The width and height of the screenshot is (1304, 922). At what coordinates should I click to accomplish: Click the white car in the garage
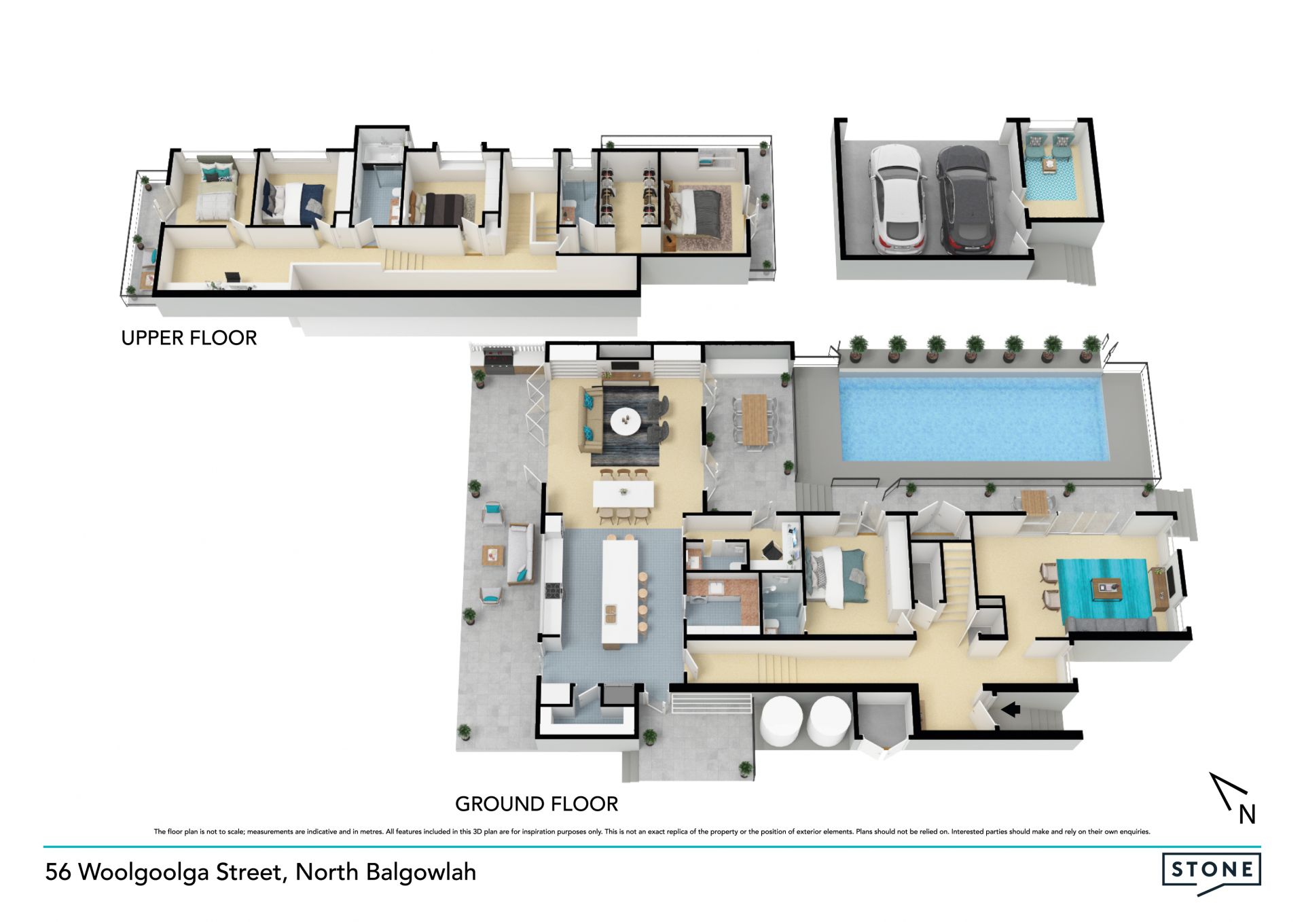(x=896, y=200)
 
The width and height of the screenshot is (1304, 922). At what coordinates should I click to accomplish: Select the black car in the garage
(x=964, y=200)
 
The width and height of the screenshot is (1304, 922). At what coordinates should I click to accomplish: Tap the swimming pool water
(x=973, y=418)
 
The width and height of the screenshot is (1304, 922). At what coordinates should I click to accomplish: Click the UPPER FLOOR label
(x=189, y=338)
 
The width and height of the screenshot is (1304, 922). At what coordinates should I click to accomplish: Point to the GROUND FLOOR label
(x=537, y=804)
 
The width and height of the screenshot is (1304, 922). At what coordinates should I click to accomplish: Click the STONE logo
(x=1212, y=870)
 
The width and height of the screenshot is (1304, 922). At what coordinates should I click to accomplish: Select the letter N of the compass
(x=1247, y=815)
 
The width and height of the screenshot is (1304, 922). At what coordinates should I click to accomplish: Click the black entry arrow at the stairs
(x=1011, y=709)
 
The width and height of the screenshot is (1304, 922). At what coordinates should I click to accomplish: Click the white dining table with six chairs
(x=624, y=494)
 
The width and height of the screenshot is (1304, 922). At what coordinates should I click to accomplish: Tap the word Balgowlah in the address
(x=421, y=872)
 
